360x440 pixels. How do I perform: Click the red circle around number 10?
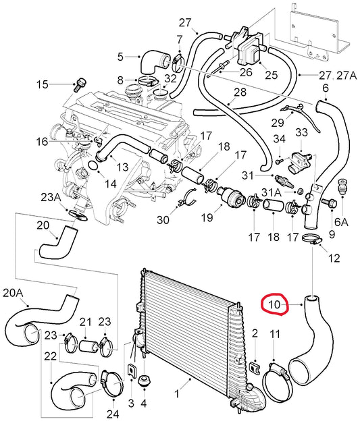(275, 306)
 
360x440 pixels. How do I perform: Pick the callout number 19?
(207, 217)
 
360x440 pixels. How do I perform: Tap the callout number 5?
(120, 57)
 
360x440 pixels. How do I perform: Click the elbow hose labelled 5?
(147, 62)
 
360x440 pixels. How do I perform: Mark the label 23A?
(51, 197)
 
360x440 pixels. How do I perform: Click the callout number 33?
(301, 131)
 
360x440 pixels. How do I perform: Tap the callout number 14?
(109, 183)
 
